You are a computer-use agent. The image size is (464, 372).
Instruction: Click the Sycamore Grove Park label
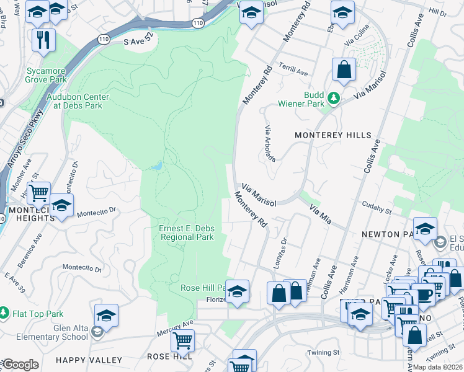click(46, 75)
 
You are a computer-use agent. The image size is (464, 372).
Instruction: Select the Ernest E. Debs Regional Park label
click(187, 232)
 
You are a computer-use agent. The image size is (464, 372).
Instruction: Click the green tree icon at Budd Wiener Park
click(334, 98)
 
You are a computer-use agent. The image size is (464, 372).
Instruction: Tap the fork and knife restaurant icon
click(43, 40)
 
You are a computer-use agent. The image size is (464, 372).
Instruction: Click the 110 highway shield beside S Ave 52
click(104, 40)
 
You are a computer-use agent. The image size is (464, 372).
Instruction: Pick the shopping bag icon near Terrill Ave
click(344, 71)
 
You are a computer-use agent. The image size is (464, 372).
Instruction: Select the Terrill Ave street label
click(293, 73)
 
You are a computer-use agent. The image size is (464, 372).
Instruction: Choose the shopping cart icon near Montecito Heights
click(40, 192)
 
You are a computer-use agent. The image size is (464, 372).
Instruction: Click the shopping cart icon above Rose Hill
click(182, 340)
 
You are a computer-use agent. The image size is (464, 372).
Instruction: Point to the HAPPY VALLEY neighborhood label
click(89, 360)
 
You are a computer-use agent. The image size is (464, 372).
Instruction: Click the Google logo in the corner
click(20, 365)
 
